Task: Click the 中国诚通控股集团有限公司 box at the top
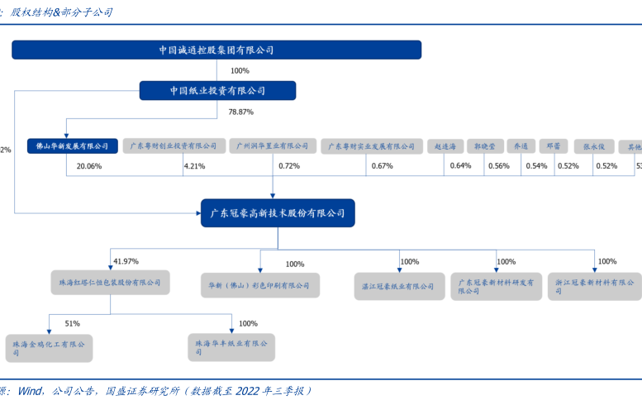coord(216,50)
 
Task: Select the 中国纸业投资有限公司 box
coord(217,91)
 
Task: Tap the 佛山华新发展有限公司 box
coord(68,146)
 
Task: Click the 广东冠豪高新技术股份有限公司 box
coord(278,213)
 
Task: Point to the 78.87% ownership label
coord(240,112)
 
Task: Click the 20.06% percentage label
coord(88,166)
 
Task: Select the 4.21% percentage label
coord(194,166)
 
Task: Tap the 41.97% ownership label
coord(126,261)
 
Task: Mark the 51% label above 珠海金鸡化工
coord(72,323)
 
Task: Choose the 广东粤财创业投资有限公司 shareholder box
coord(175,146)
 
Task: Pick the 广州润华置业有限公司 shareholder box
coord(272,146)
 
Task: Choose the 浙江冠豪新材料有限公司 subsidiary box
coord(594,286)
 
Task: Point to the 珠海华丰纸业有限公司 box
coord(232,347)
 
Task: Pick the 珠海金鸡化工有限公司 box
coord(49,347)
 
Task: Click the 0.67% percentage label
coord(382,166)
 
